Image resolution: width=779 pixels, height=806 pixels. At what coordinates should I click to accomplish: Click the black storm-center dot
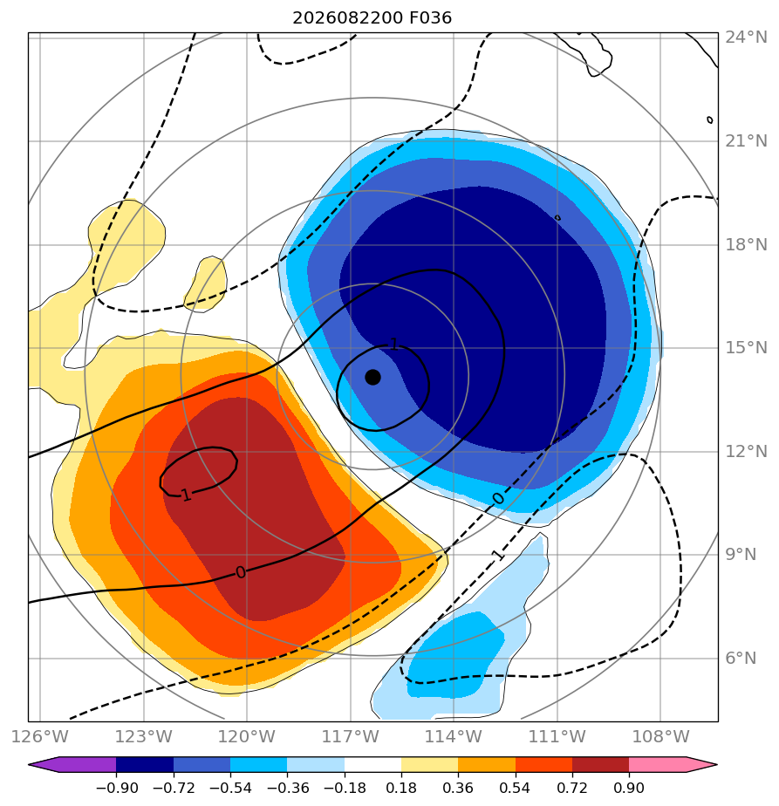click(372, 378)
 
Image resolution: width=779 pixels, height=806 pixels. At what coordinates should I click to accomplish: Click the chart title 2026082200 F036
click(372, 18)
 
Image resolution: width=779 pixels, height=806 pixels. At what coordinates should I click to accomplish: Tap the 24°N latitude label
click(746, 37)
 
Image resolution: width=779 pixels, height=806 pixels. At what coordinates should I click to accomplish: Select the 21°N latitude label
click(746, 140)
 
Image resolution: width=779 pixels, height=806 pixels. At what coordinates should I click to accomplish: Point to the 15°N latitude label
click(746, 347)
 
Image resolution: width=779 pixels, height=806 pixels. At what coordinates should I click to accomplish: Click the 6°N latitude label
click(741, 658)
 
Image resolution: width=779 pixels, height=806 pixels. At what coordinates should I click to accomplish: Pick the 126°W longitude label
click(39, 736)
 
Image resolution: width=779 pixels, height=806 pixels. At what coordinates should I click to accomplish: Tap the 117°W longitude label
click(350, 736)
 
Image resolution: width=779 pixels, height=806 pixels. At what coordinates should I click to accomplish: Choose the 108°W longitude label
click(660, 736)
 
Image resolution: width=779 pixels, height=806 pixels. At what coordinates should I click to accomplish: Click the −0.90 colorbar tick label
click(117, 788)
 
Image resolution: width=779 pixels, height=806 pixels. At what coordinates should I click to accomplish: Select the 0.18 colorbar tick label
click(401, 788)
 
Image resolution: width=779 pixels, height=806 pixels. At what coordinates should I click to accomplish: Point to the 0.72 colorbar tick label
click(571, 788)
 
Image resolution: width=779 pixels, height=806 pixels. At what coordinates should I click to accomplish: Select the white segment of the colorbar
click(372, 764)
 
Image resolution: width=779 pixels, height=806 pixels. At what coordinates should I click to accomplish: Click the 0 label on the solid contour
click(241, 572)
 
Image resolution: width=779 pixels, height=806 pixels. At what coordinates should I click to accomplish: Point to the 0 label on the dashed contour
click(498, 499)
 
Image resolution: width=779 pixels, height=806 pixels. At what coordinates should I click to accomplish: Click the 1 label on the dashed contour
click(497, 555)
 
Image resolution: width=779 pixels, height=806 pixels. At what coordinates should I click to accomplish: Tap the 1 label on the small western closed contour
click(186, 495)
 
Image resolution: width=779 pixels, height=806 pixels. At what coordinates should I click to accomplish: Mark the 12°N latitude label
click(746, 451)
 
